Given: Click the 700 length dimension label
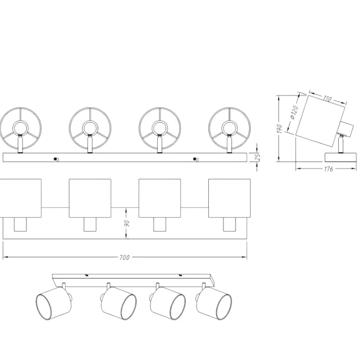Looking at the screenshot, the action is [125, 257].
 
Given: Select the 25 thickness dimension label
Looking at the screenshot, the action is [258, 157].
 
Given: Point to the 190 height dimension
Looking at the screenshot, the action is [279, 129].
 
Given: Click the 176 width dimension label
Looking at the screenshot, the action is [329, 169].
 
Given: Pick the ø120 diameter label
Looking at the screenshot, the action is [294, 112].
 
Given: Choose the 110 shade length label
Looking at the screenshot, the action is [327, 99].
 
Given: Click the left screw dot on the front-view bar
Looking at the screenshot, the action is [55, 159].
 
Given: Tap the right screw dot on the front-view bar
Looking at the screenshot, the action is [195, 159].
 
